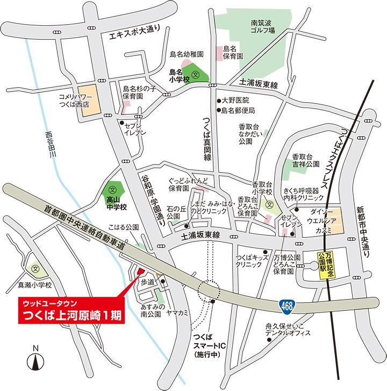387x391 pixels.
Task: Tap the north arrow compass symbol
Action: click(x=35, y=358)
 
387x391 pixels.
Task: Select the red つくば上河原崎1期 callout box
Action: click(x=71, y=311)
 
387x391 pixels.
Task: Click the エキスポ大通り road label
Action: click(x=132, y=35)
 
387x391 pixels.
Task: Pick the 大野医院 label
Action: click(x=235, y=100)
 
